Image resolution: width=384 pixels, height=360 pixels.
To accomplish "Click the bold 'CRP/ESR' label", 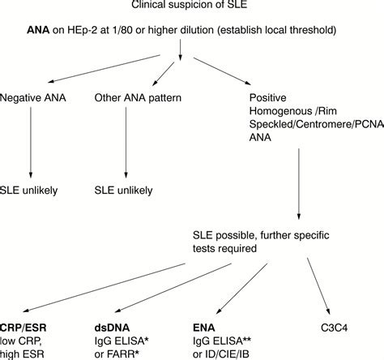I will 23,327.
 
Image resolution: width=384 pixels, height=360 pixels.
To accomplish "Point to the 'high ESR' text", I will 23,354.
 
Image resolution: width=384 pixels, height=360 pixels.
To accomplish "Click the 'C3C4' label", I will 335,327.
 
